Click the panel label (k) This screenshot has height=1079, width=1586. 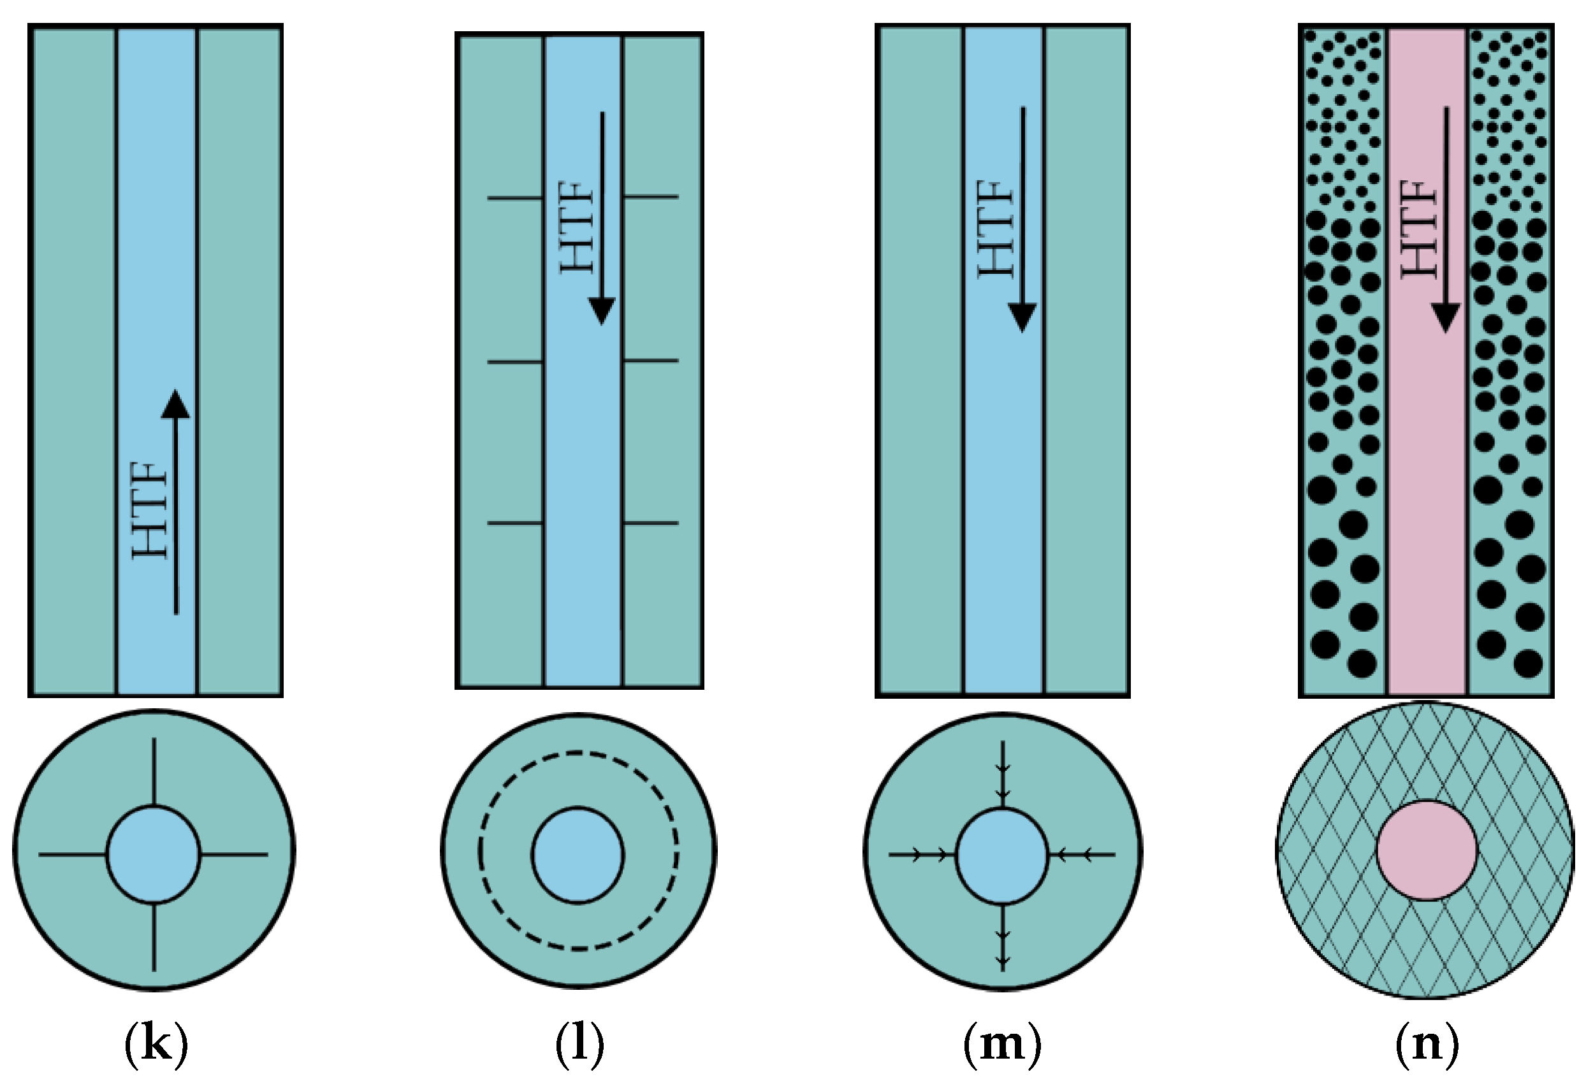(156, 1043)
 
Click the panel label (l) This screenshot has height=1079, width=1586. (579, 1043)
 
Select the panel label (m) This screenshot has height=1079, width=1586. (1002, 1043)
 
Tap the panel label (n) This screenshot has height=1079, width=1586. (1426, 1043)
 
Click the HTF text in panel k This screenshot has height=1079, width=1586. (150, 510)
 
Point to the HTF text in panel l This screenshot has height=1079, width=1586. (578, 227)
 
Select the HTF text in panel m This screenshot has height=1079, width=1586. (996, 229)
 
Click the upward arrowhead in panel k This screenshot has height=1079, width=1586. (176, 404)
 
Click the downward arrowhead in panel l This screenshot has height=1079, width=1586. (602, 311)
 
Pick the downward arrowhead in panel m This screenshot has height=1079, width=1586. (1022, 317)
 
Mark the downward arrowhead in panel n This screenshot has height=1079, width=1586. (1445, 317)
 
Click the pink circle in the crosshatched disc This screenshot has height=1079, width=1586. (1426, 851)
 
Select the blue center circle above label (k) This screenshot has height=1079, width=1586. (154, 855)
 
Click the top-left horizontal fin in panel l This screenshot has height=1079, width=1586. (514, 199)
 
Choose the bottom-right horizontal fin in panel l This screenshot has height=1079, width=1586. (650, 523)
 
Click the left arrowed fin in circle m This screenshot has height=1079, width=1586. (921, 854)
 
